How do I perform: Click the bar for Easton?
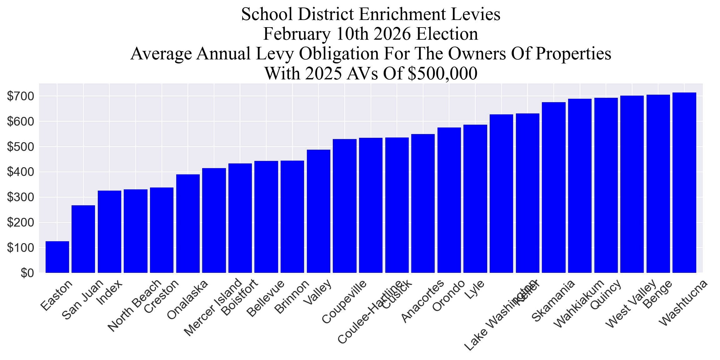pos(57,257)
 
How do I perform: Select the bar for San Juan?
pos(83,239)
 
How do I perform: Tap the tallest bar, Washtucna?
pos(684,183)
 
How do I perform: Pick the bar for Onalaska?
pos(188,223)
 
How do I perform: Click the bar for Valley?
pos(318,211)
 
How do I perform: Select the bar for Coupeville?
pos(345,206)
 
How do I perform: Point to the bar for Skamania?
pos(554,187)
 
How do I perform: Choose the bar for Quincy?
pos(606,185)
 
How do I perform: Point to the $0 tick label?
pos(27,273)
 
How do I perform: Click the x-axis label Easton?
pos(57,295)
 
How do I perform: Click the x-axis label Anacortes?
pos(423,300)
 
